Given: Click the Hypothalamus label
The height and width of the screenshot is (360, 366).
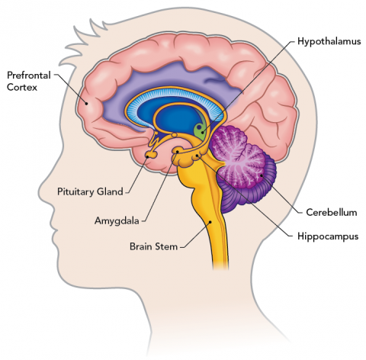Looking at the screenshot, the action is (x=329, y=41).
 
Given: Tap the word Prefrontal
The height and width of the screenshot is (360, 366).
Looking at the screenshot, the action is (x=29, y=76).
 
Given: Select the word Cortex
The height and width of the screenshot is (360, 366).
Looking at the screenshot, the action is (x=22, y=87).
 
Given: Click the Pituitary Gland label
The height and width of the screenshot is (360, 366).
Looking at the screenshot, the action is (x=90, y=191).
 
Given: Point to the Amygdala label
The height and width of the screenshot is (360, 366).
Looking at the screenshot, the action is (x=117, y=220).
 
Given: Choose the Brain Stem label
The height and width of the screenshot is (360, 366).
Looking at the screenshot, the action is (x=153, y=246).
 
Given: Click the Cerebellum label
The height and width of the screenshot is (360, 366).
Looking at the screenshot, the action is (x=332, y=212).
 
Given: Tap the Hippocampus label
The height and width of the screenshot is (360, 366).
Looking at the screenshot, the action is (x=328, y=236).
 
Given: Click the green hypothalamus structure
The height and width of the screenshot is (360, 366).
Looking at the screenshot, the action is (x=201, y=130).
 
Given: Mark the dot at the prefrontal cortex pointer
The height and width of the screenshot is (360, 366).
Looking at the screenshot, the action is (x=86, y=103).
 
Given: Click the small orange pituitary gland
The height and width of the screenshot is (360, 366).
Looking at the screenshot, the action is (x=151, y=154).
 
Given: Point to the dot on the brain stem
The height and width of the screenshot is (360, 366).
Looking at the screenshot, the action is (x=210, y=222).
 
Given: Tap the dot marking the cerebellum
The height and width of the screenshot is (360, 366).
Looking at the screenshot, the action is (x=262, y=175).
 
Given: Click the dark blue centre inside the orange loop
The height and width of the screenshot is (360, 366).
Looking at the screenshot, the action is (x=178, y=117).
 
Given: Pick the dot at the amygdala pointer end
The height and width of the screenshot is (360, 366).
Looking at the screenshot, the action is (x=177, y=152).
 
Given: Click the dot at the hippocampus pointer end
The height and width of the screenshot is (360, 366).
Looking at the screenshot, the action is (x=197, y=155).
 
